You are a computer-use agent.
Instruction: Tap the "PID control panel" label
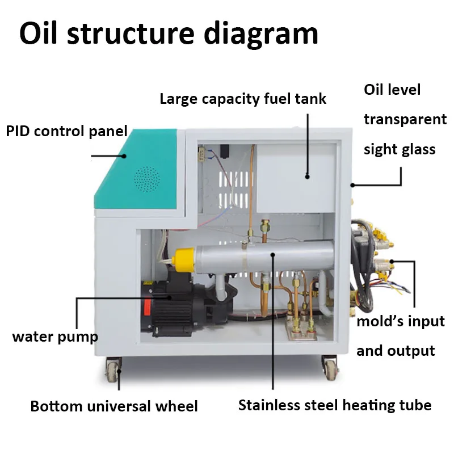pyautogui.click(x=66, y=131)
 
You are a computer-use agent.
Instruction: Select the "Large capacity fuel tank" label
pyautogui.click(x=243, y=99)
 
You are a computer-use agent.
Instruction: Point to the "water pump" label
pyautogui.click(x=55, y=336)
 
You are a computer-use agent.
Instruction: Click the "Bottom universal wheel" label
pyautogui.click(x=114, y=406)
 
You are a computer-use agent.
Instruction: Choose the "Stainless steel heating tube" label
pyautogui.click(x=335, y=405)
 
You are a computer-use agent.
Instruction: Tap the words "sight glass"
pyautogui.click(x=400, y=149)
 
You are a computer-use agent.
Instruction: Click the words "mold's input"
pyautogui.click(x=400, y=322)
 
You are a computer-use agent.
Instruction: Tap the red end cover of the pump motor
pyautogui.click(x=147, y=307)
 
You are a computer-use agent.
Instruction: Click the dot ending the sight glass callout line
pyautogui.click(x=353, y=184)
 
